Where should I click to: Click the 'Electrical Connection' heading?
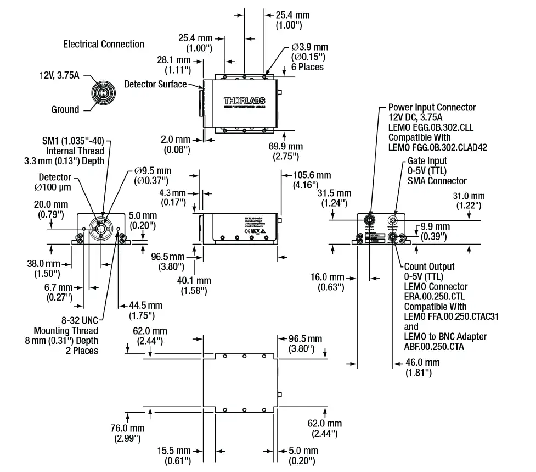click(103, 44)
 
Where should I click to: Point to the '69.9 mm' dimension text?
click(285, 147)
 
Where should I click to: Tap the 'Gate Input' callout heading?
click(427, 161)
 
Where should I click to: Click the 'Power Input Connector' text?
click(432, 108)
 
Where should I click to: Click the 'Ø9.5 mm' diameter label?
click(153, 170)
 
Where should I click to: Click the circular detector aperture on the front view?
click(101, 227)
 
